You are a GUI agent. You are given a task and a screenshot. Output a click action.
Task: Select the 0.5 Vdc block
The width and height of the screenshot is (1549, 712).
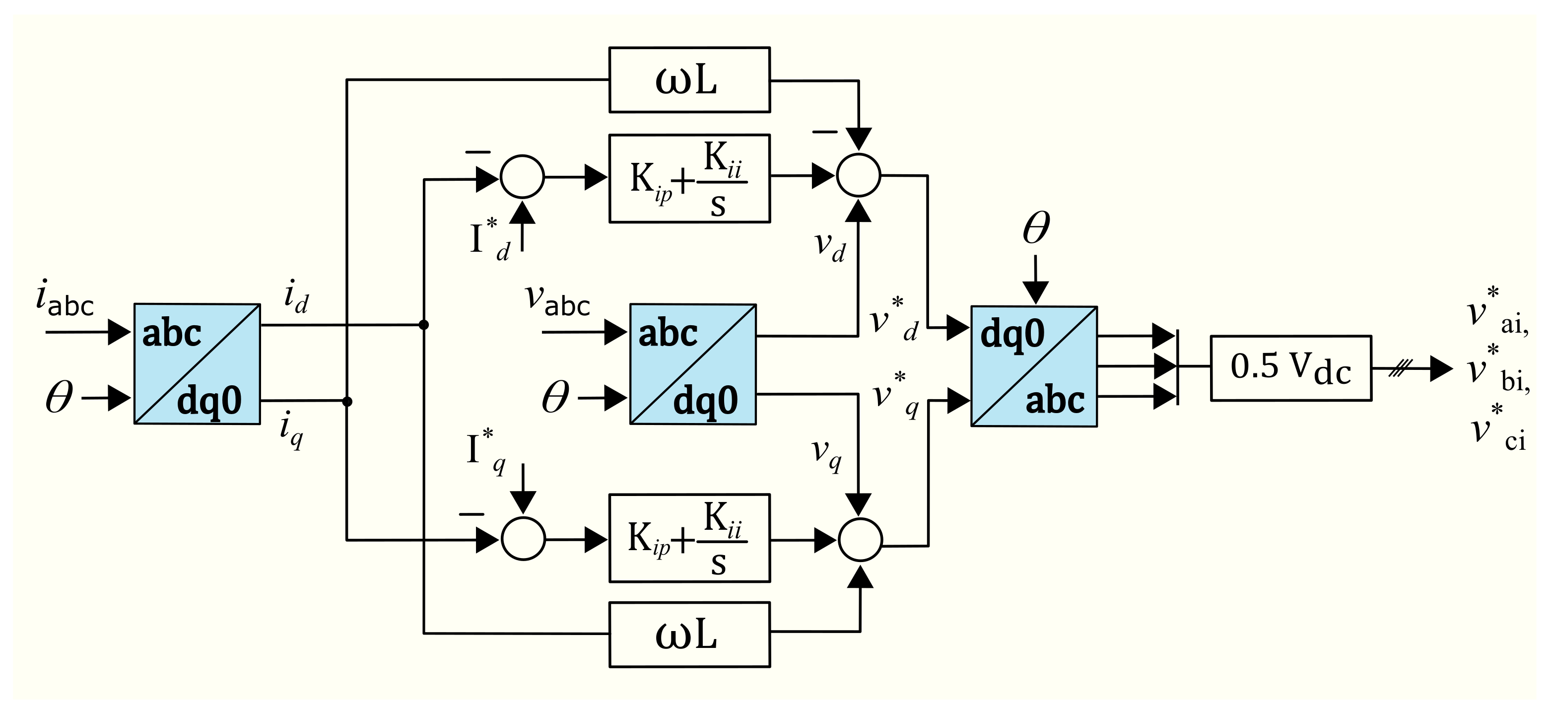point(1290,367)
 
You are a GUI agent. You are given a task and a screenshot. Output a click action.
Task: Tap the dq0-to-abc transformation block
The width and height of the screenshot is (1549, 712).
point(1034,366)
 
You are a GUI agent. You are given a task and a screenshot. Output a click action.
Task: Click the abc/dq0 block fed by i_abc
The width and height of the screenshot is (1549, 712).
point(197,364)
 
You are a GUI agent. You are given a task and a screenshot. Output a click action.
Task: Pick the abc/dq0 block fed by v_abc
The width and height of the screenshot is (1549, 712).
point(693,364)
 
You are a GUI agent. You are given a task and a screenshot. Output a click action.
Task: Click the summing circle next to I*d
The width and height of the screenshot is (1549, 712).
point(522,177)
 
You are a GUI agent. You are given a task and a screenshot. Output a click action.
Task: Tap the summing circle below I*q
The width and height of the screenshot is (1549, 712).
point(523,539)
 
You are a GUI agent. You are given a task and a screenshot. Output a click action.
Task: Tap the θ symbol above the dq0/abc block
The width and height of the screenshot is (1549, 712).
point(1035,228)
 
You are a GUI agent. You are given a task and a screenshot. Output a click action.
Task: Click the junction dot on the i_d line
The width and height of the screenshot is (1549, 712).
point(423,325)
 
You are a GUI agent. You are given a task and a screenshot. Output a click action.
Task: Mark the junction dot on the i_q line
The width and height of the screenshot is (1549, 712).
point(347,401)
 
